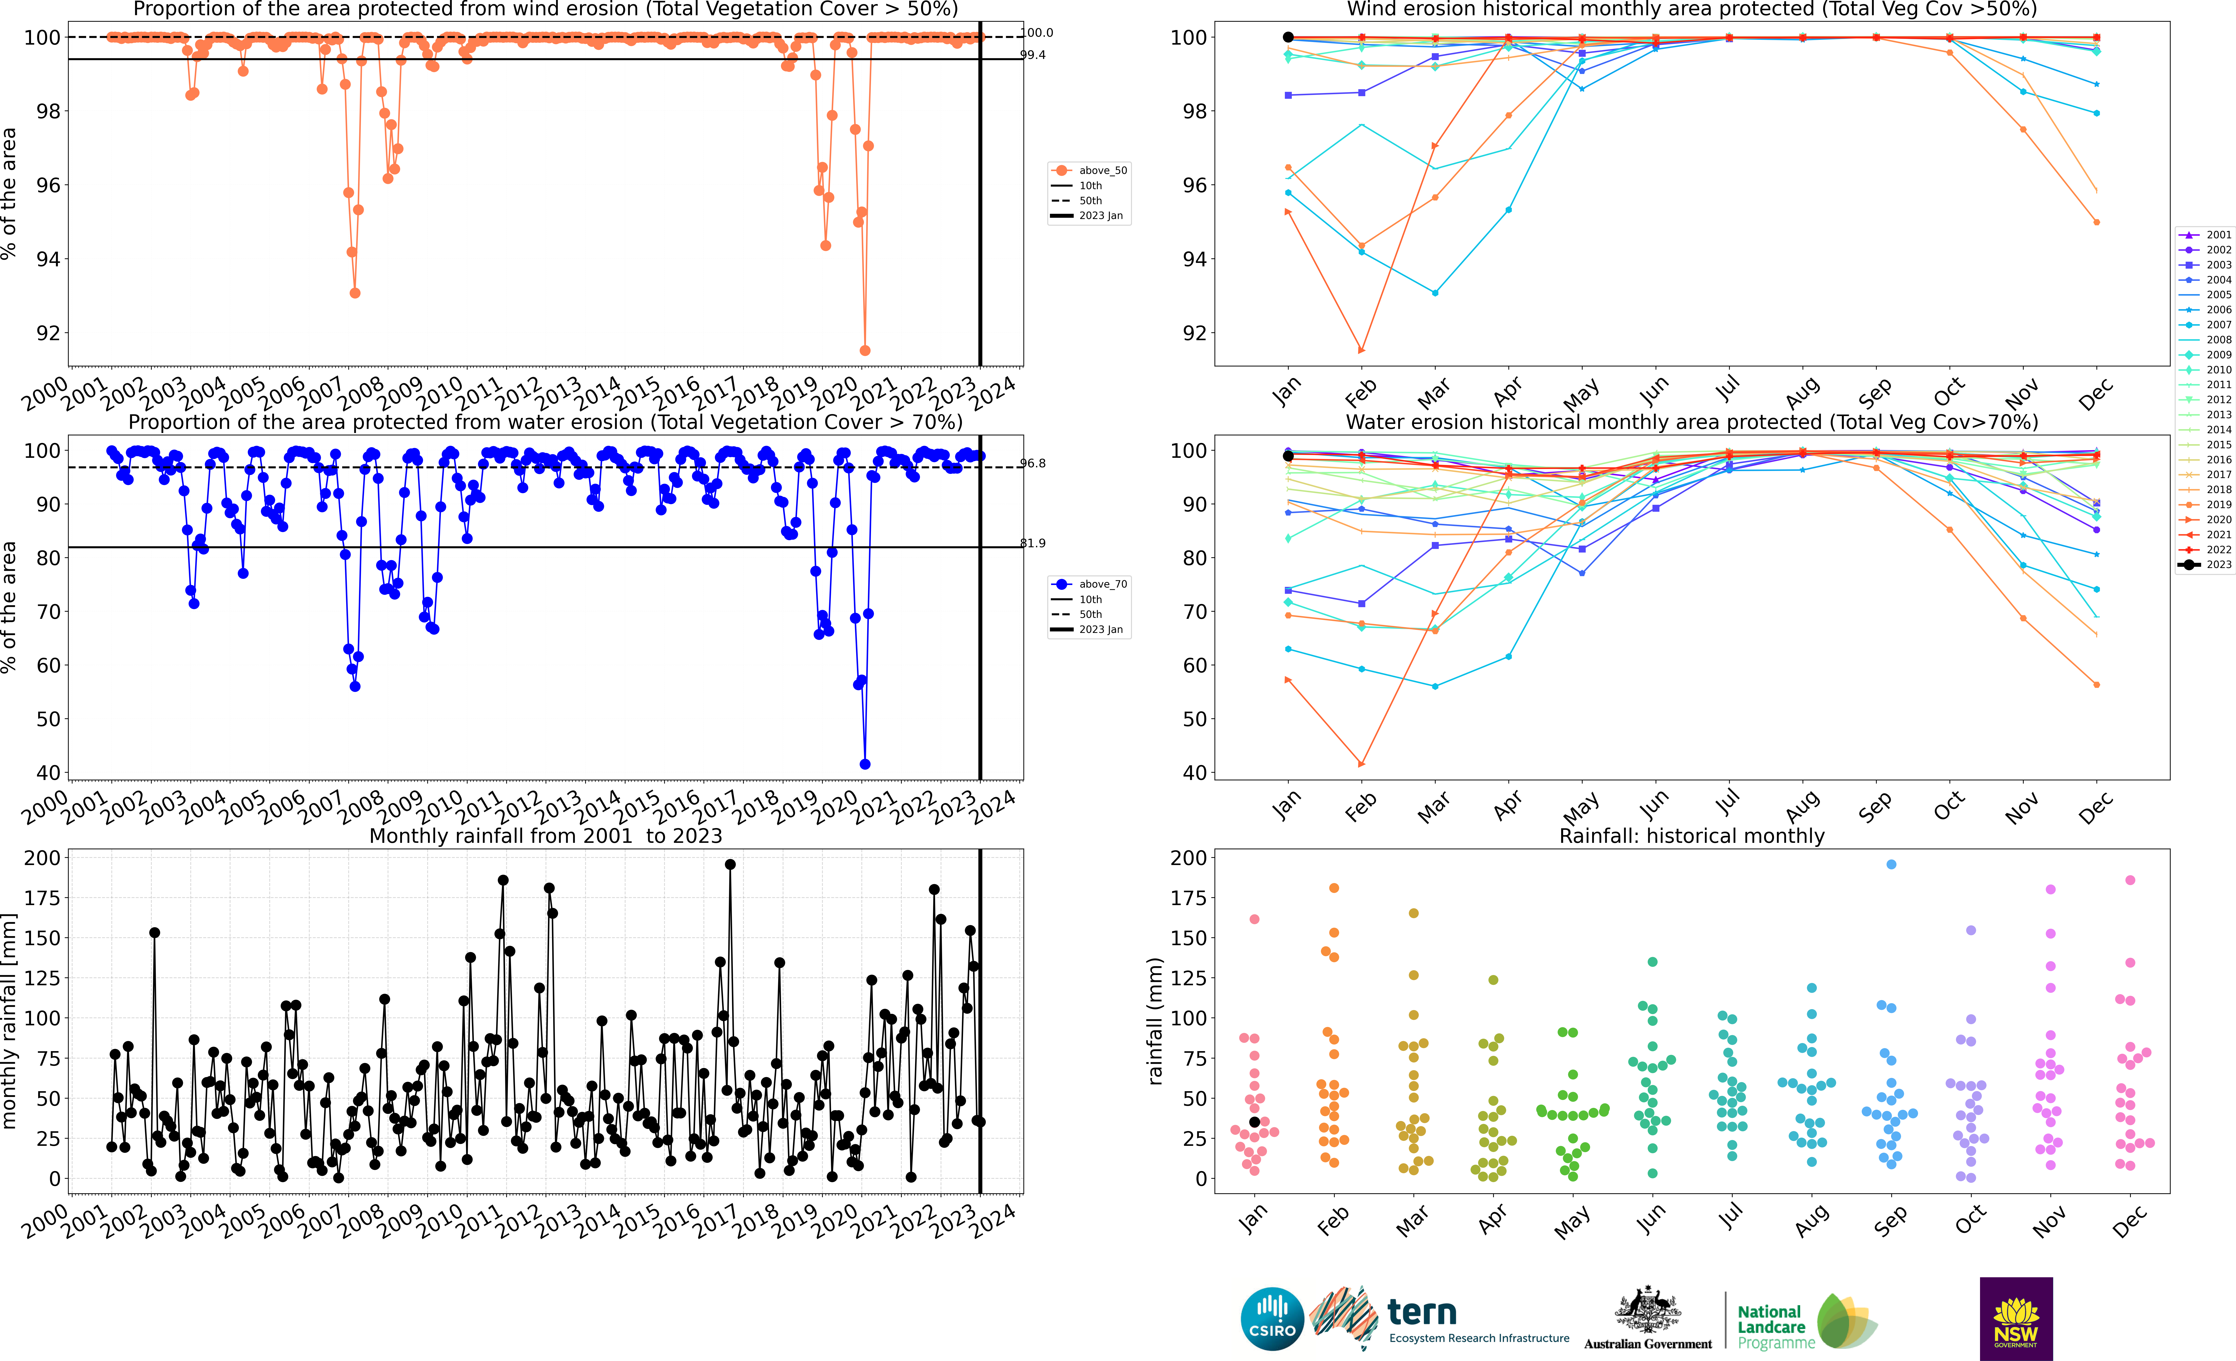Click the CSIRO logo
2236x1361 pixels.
coord(1271,1318)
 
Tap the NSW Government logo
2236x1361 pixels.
coord(2016,1318)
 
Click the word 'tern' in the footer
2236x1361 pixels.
coord(1422,1312)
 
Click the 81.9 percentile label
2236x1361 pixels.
coord(1033,543)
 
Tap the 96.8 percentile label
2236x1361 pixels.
coord(1033,464)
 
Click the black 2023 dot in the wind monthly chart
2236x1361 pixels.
coord(1288,37)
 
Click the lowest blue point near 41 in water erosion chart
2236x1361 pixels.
coord(865,764)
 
